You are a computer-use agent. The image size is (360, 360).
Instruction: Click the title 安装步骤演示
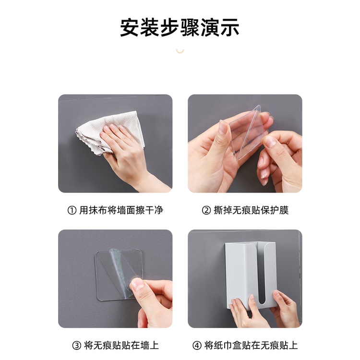pyautogui.click(x=180, y=27)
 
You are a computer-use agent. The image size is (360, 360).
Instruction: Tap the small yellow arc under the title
pyautogui.click(x=180, y=51)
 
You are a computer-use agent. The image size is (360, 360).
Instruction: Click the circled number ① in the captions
pyautogui.click(x=72, y=210)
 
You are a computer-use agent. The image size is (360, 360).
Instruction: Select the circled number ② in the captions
pyautogui.click(x=206, y=210)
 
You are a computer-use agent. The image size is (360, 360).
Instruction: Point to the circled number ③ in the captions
pyautogui.click(x=77, y=346)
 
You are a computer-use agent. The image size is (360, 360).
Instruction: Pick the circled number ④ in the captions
pyautogui.click(x=197, y=346)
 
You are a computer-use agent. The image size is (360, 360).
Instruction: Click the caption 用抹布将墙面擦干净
pyautogui.click(x=121, y=210)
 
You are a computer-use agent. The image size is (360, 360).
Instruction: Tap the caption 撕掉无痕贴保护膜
pyautogui.click(x=251, y=210)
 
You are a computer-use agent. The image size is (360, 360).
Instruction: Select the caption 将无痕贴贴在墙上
pyautogui.click(x=121, y=346)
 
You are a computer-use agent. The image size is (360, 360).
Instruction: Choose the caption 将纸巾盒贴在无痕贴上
pyautogui.click(x=251, y=346)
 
